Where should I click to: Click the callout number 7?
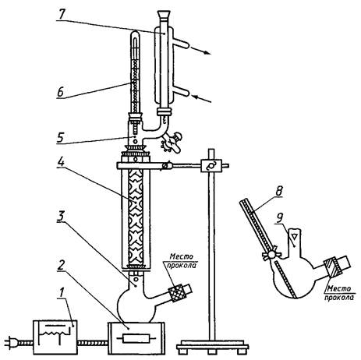(x=62, y=14)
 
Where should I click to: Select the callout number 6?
(x=60, y=92)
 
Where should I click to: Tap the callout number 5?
(x=60, y=137)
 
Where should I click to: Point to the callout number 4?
(x=61, y=162)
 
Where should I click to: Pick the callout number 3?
(x=61, y=217)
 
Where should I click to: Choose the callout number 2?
(x=61, y=265)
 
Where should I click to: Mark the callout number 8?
(x=278, y=192)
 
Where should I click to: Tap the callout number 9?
(x=279, y=219)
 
